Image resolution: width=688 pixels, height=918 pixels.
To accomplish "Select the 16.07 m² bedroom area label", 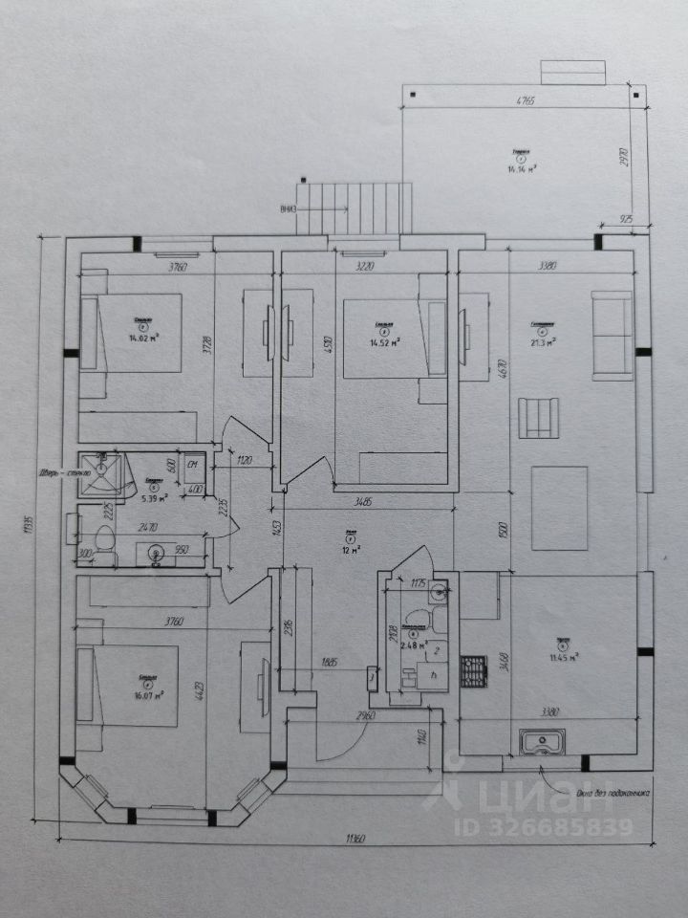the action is click(x=147, y=695).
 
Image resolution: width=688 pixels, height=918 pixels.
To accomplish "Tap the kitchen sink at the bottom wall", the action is click(x=541, y=741).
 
